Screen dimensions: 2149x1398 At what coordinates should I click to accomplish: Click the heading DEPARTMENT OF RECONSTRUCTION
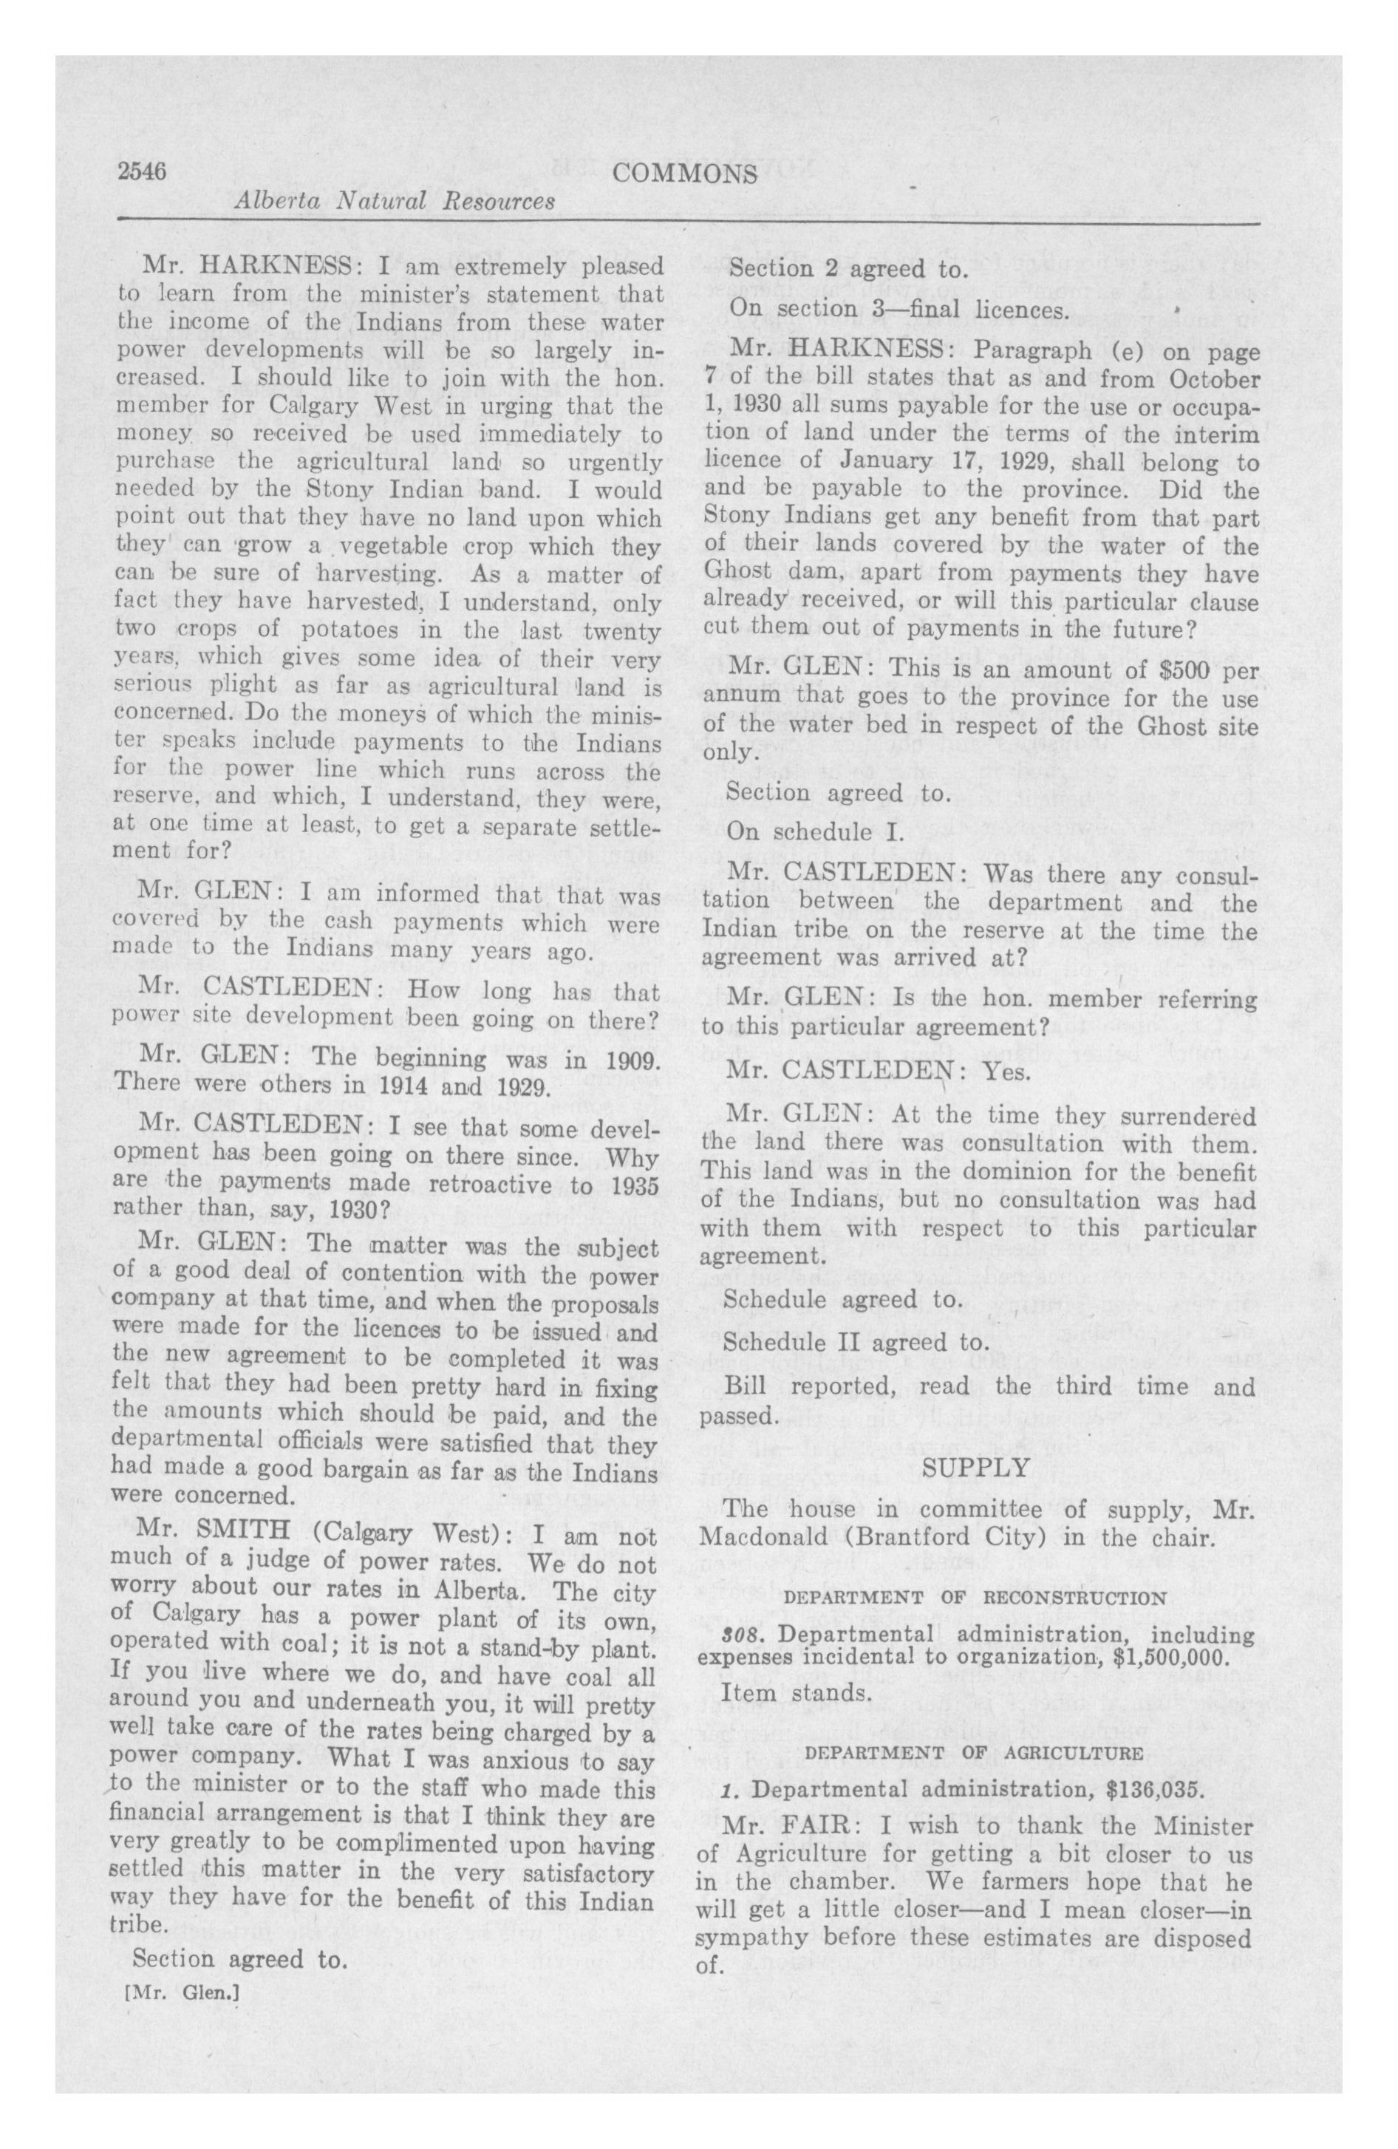pyautogui.click(x=975, y=1597)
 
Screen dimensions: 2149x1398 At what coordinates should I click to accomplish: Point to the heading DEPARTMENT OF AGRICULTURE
pyautogui.click(x=975, y=1753)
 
